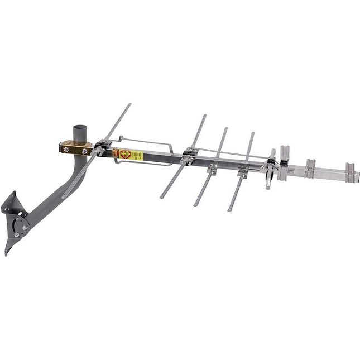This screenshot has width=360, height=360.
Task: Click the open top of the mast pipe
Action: tap(79, 128)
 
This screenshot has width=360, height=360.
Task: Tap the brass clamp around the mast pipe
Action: tap(76, 148)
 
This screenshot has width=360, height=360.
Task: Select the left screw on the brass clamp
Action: tap(66, 149)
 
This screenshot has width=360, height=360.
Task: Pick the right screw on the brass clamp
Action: tap(85, 151)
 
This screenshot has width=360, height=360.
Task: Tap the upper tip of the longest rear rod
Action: tap(129, 104)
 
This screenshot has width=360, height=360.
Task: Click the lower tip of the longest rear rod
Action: tap(63, 196)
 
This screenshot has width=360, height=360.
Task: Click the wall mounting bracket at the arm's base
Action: tap(15, 218)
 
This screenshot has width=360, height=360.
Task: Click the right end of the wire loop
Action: tap(172, 146)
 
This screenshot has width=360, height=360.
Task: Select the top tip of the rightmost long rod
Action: tap(252, 133)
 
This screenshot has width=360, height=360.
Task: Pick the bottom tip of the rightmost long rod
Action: tap(229, 209)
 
